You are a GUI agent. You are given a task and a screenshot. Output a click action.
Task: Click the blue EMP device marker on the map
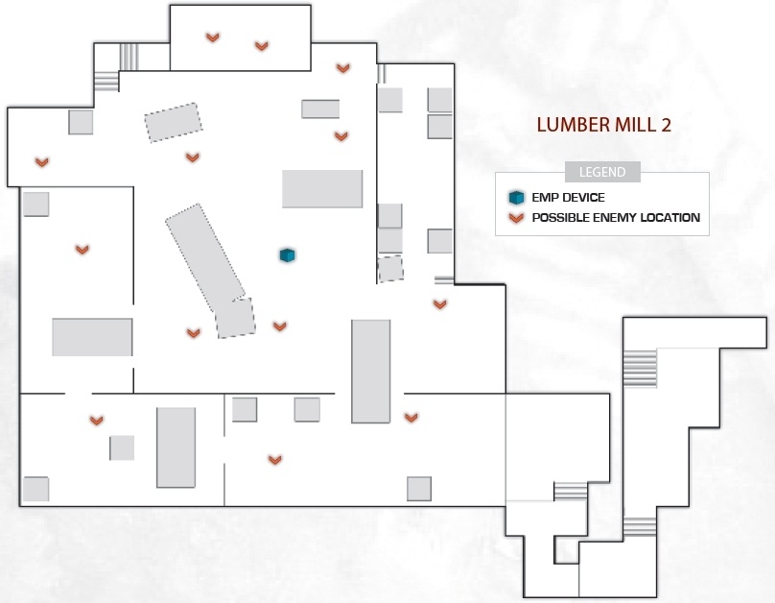287,255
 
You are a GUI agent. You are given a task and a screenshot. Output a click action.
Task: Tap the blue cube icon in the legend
516,198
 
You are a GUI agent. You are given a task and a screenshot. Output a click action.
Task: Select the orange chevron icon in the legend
516,218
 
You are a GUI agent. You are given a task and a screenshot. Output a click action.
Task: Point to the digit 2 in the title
666,125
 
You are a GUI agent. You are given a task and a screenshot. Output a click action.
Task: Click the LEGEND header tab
602,172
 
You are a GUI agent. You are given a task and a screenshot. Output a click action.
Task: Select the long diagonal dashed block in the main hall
205,257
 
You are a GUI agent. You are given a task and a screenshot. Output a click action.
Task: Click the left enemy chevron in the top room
213,37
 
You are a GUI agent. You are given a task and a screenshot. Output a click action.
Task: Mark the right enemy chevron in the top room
262,46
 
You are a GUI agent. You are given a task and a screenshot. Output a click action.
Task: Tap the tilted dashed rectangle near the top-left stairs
174,122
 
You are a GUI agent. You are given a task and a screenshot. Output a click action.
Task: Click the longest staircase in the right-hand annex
640,368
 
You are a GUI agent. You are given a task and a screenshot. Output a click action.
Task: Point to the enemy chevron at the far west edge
42,161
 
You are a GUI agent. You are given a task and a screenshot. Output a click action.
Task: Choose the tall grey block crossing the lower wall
370,372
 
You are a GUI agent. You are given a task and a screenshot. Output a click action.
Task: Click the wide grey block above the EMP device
322,188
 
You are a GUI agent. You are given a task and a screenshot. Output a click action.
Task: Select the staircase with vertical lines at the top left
129,57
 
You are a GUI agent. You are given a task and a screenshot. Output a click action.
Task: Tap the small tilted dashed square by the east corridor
391,269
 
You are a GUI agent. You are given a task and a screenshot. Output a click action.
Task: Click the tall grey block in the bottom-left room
176,447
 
